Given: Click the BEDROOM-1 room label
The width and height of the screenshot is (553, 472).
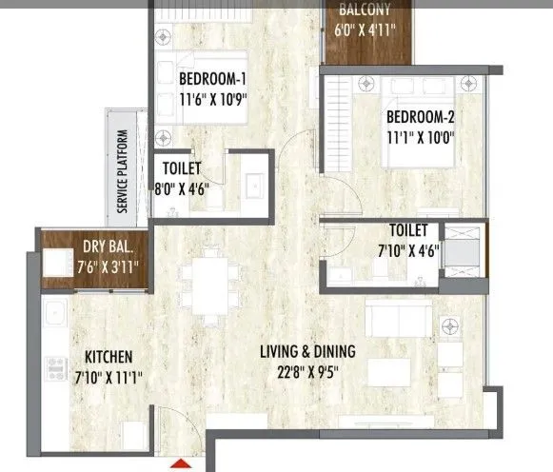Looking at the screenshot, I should click(211, 79).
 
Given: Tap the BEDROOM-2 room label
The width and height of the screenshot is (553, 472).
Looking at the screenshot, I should click(421, 118).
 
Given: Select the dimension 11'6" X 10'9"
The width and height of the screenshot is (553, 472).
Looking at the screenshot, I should click(211, 97).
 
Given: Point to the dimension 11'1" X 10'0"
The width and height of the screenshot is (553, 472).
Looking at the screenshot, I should click(421, 136).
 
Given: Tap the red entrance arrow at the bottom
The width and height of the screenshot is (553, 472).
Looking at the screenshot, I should click(178, 464).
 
